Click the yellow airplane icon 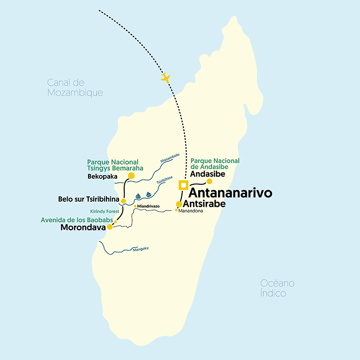click(165, 77)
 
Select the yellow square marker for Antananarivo click(184, 185)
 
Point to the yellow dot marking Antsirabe click(179, 204)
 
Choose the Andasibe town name click(208, 173)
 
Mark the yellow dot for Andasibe click(210, 181)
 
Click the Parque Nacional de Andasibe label click(215, 164)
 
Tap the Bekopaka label click(102, 177)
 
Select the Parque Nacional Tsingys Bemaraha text click(115, 165)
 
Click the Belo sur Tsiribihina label click(88, 199)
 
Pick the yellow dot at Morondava click(110, 227)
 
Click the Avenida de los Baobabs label click(76, 219)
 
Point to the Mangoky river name click(141, 249)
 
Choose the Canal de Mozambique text click(75, 88)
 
